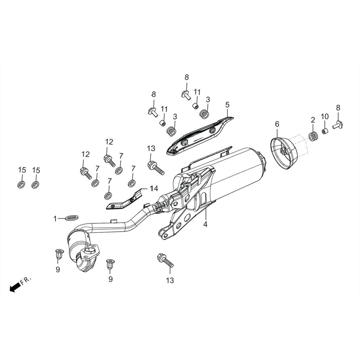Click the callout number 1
[x=55, y=219]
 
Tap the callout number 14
[x=153, y=189]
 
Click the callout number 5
[x=227, y=105]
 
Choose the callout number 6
[x=277, y=124]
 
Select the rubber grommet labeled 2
[x=313, y=136]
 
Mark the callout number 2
[x=313, y=120]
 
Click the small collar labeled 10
[x=325, y=130]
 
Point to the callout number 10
[x=325, y=116]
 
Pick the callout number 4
[x=205, y=224]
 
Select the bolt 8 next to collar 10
[x=338, y=125]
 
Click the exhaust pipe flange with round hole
[x=90, y=252]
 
